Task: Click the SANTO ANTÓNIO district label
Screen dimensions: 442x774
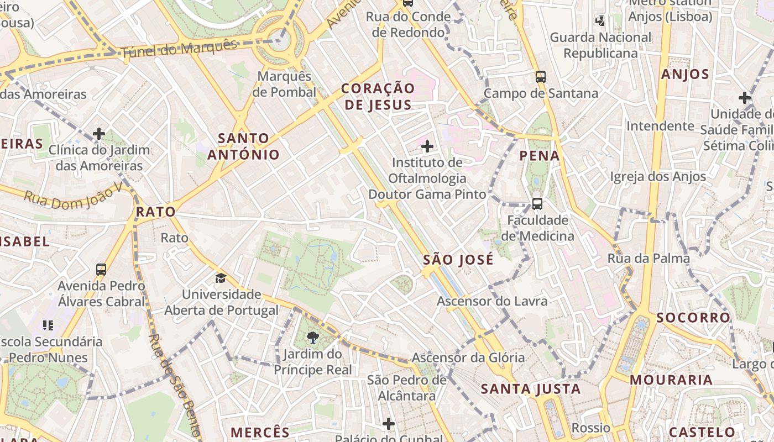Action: [243, 146]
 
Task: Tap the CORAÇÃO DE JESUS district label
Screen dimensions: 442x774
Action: [378, 97]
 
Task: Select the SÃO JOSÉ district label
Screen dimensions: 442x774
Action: [458, 260]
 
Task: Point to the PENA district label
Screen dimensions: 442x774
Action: [540, 156]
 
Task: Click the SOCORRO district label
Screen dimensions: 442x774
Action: [694, 318]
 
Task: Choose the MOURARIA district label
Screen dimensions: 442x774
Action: [671, 380]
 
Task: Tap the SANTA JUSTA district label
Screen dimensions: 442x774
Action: [531, 389]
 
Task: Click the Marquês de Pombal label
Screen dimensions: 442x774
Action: [285, 84]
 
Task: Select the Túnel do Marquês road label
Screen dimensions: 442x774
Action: [179, 50]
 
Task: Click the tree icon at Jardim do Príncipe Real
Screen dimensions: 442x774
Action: [313, 337]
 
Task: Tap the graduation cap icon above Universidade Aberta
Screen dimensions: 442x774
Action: [221, 278]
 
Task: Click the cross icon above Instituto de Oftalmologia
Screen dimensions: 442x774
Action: [427, 146]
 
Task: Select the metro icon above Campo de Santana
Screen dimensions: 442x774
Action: [541, 77]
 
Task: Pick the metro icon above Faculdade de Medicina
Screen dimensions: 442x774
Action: [537, 203]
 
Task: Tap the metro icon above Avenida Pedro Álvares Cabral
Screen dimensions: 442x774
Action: [101, 270]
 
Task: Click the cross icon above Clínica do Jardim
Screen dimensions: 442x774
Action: [99, 134]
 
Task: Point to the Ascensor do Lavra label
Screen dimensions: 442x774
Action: [492, 301]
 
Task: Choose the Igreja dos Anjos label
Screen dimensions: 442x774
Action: [658, 177]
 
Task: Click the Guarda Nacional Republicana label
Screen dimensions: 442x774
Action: [600, 45]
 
